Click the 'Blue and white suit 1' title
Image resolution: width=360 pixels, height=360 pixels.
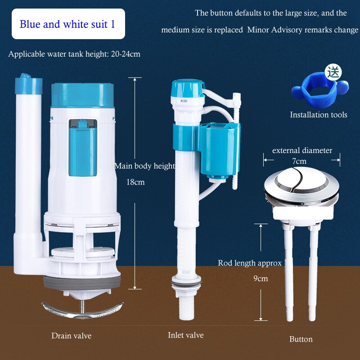[67, 24]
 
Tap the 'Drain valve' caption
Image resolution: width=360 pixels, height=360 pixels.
[71, 336]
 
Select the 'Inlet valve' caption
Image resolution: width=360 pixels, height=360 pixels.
[185, 335]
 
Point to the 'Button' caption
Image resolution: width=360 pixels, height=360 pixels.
[301, 339]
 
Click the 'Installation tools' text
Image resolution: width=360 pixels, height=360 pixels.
[318, 115]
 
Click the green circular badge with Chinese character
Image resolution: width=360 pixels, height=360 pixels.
[333, 72]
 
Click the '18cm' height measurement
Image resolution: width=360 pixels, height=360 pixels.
[135, 182]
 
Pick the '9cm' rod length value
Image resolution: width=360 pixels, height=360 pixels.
[260, 279]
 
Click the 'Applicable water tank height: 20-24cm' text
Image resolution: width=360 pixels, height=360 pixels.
[74, 54]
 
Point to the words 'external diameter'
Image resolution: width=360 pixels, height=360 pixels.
[302, 150]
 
